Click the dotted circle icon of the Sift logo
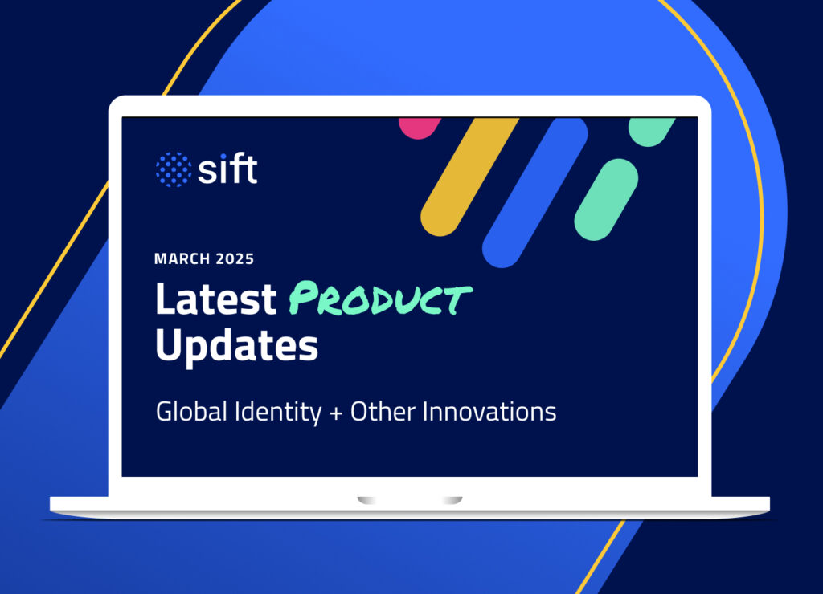click(x=173, y=169)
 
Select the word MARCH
click(x=182, y=259)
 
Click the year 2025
click(x=234, y=259)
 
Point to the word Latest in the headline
click(x=215, y=300)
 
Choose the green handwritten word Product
click(x=379, y=300)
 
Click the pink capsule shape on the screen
click(x=420, y=127)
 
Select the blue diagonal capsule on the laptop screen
click(x=533, y=193)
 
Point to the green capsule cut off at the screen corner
click(x=652, y=131)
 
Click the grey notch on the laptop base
click(x=410, y=501)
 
